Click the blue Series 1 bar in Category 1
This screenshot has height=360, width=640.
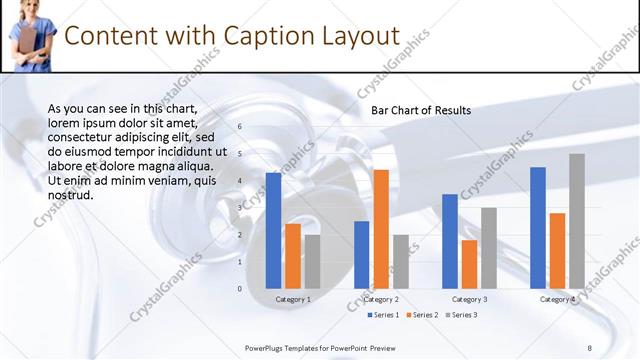pyautogui.click(x=273, y=231)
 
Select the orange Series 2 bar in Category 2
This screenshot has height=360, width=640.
pyautogui.click(x=381, y=229)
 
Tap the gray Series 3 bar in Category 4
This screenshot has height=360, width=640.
pyautogui.click(x=577, y=221)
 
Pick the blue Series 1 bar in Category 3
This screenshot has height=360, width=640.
pyautogui.click(x=450, y=241)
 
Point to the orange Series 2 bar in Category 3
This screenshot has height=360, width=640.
pyautogui.click(x=469, y=264)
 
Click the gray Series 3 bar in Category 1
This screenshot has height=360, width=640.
pyautogui.click(x=312, y=262)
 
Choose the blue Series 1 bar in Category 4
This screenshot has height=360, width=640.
pyautogui.click(x=538, y=228)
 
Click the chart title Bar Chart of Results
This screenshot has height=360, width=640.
pyautogui.click(x=421, y=110)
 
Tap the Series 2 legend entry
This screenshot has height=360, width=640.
pyautogui.click(x=421, y=315)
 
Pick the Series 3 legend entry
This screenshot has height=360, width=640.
pyautogui.click(x=460, y=315)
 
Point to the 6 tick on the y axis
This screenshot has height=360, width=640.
pyautogui.click(x=240, y=127)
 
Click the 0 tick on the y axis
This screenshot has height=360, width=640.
pyautogui.click(x=240, y=288)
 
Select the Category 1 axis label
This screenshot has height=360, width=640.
pyautogui.click(x=293, y=299)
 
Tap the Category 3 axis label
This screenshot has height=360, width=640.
pyautogui.click(x=470, y=299)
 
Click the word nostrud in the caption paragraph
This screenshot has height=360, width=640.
pyautogui.click(x=71, y=194)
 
